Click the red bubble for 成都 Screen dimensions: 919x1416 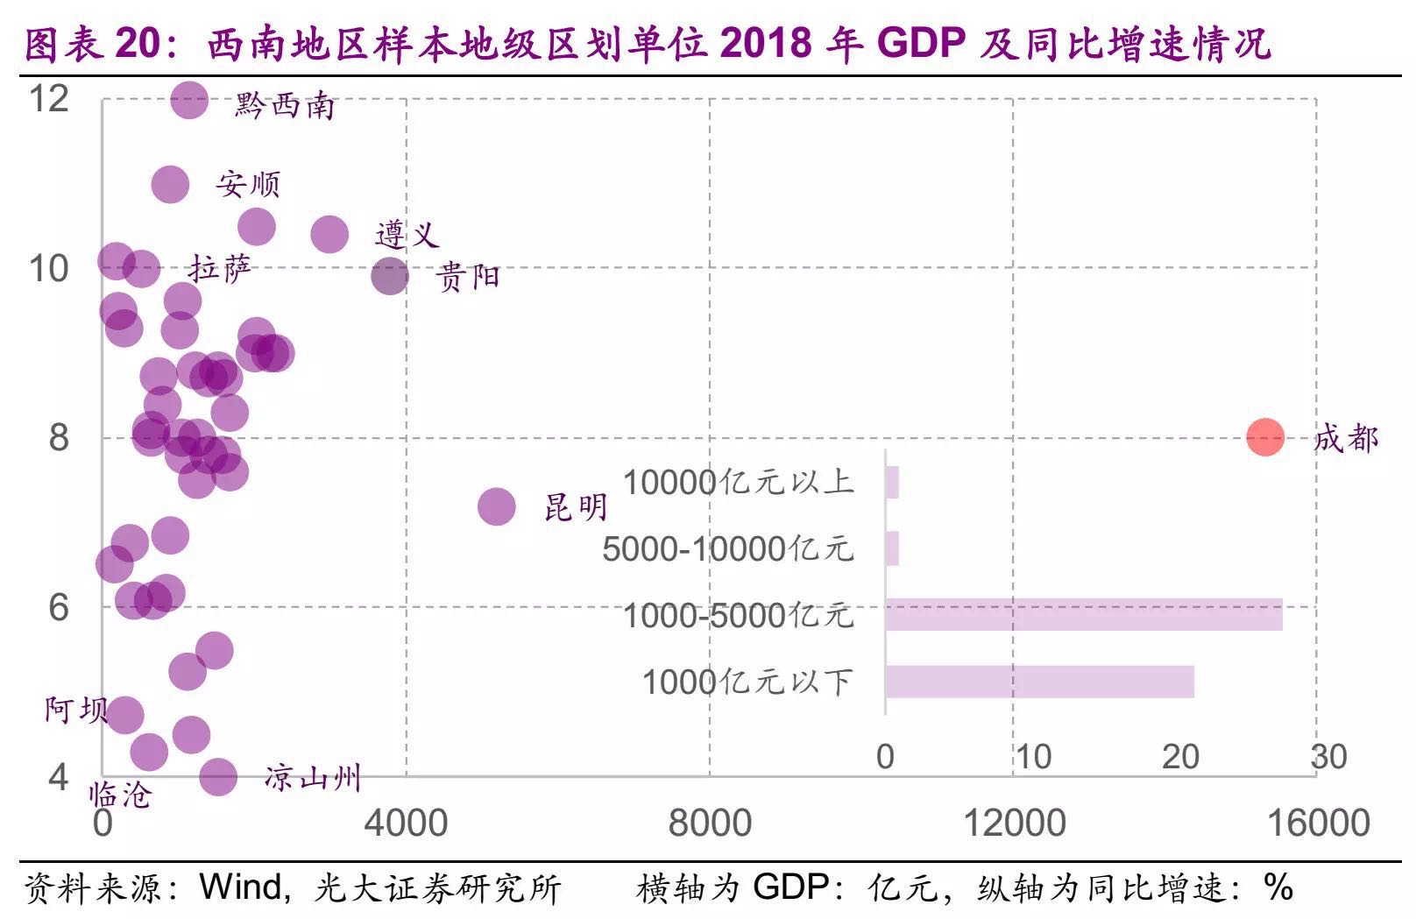(1264, 436)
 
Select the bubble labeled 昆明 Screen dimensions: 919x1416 (497, 507)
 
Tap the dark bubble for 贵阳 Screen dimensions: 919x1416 (390, 277)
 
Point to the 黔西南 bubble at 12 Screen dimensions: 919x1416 (189, 101)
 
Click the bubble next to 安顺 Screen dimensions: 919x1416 (170, 185)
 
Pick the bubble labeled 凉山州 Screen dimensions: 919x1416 (218, 776)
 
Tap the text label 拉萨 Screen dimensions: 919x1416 (220, 269)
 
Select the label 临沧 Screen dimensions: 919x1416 (120, 795)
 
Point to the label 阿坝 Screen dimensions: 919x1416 (76, 710)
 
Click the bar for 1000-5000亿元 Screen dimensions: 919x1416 (1083, 615)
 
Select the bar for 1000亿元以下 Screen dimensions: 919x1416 (1039, 682)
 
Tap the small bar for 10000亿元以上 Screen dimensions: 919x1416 (892, 482)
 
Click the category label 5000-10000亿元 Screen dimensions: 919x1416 (727, 549)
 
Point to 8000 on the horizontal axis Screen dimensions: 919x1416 (710, 823)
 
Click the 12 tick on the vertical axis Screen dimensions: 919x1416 (49, 98)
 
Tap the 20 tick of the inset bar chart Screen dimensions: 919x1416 (1180, 757)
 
